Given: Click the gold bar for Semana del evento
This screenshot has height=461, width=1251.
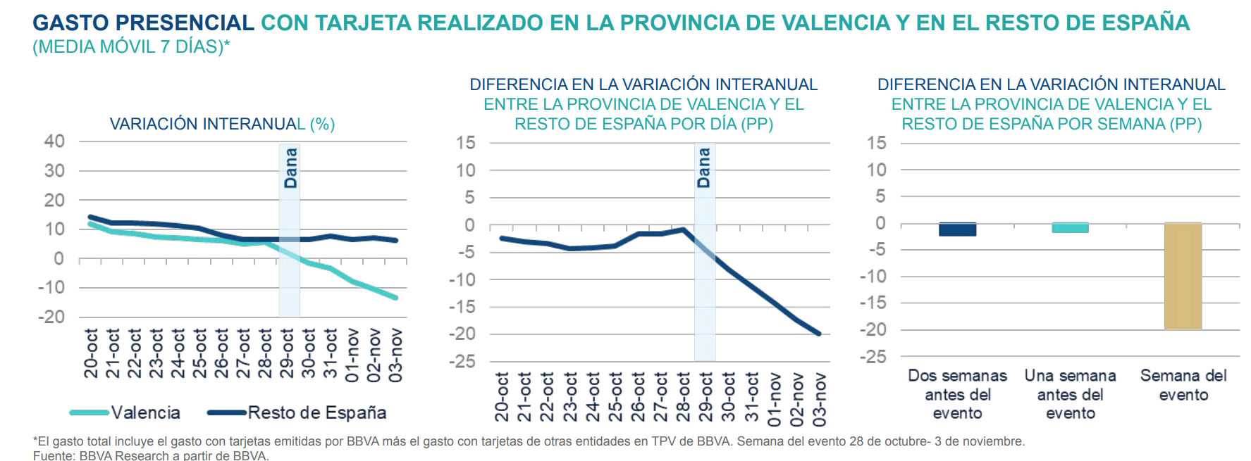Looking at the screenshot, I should [1183, 276].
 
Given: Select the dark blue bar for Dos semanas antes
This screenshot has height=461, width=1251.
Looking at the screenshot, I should [957, 229].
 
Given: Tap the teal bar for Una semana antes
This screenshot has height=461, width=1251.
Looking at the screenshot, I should [1070, 227].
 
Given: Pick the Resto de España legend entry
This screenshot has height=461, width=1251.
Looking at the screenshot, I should [297, 412].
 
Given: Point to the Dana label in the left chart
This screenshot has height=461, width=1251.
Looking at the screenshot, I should [290, 168].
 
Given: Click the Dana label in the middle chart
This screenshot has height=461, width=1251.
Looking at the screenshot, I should [703, 168].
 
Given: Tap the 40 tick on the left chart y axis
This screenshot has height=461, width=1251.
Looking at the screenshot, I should [54, 141].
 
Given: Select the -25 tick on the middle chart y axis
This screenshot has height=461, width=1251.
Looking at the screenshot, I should [462, 361].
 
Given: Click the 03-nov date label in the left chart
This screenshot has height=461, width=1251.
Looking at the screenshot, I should [396, 355].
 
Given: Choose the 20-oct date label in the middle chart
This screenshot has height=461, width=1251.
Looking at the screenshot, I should [502, 397].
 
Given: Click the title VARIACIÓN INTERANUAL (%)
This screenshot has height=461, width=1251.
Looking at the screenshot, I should [222, 124].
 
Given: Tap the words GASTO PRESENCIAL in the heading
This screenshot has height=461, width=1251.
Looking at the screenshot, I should [143, 23].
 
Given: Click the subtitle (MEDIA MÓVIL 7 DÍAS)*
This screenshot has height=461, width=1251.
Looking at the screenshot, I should [131, 47].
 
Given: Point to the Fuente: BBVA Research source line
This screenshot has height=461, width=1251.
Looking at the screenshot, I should [151, 455].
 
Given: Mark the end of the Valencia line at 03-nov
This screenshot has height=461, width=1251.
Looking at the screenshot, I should [396, 298].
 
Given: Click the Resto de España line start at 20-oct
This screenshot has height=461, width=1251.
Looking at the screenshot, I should [90, 217].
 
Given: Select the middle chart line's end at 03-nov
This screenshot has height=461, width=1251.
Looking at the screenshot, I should [819, 334].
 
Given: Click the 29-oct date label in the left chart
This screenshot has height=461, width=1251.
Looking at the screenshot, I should [287, 353].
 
